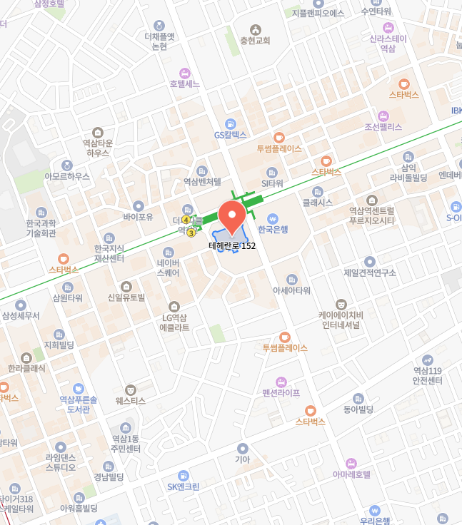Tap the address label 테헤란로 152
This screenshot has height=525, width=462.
pyautogui.click(x=232, y=246)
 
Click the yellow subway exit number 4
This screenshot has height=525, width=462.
pyautogui.click(x=186, y=220)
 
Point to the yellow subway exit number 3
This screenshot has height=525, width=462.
pyautogui.click(x=191, y=233)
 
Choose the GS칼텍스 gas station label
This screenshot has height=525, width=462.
pyautogui.click(x=230, y=134)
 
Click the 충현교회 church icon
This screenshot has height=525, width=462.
pyautogui.click(x=255, y=29)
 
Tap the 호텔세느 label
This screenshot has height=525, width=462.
pyautogui.click(x=185, y=83)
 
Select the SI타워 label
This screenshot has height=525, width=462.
pyautogui.click(x=272, y=183)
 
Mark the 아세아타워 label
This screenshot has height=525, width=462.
pyautogui.click(x=291, y=290)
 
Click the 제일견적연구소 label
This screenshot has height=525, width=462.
pyautogui.click(x=369, y=272)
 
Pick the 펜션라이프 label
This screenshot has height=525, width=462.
pyautogui.click(x=281, y=393)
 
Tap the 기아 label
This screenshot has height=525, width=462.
pyautogui.click(x=243, y=459)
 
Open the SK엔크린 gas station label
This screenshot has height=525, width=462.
pyautogui.click(x=184, y=486)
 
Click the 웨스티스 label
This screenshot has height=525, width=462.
pyautogui.click(x=130, y=401)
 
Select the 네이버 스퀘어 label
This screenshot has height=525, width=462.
pyautogui.click(x=169, y=267)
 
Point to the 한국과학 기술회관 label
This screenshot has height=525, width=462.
pyautogui.click(x=41, y=228)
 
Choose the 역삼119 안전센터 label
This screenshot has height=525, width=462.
pyautogui.click(x=428, y=375)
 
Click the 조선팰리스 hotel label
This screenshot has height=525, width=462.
pyautogui.click(x=383, y=127)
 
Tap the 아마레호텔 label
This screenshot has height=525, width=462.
pyautogui.click(x=351, y=474)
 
